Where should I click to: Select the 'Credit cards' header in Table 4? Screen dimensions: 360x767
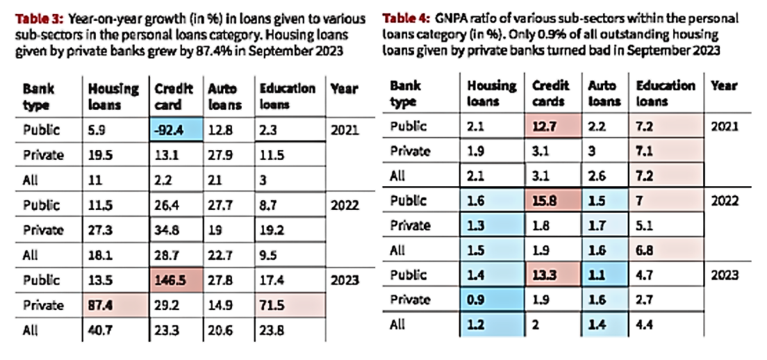[x=550, y=93]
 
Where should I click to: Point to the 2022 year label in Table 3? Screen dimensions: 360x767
[x=345, y=205]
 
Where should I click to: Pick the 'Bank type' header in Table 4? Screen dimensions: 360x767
[x=406, y=93]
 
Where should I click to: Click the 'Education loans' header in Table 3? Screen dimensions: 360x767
[x=287, y=97]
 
